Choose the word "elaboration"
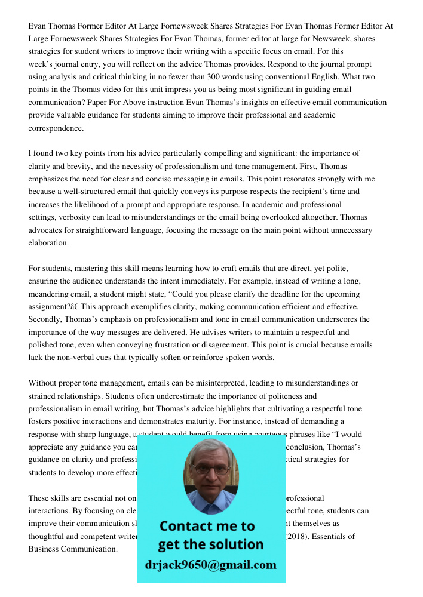coord(48,243)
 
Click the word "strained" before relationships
coord(43,396)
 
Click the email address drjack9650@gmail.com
coord(211,565)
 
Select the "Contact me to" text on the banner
coord(207,526)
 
